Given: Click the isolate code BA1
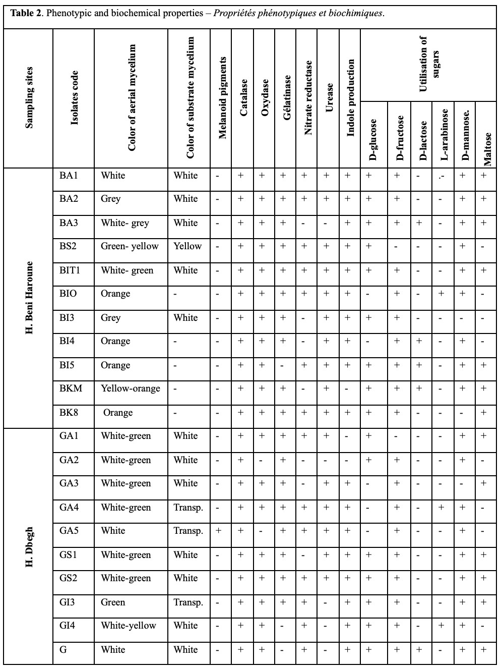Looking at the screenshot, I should coord(69,176).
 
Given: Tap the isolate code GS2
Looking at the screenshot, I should coord(69,578).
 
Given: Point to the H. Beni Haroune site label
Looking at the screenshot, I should coord(29,297).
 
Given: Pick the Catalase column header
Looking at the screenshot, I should coord(243,98).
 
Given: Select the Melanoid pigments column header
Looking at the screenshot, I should coord(222,98).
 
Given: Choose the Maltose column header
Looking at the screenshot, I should coord(487,148).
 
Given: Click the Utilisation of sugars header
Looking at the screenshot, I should coord(429,64).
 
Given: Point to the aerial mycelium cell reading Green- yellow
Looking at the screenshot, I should coord(130,246).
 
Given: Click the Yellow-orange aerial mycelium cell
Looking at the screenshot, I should coord(131,388).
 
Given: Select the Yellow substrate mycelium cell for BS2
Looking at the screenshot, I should coord(187,246).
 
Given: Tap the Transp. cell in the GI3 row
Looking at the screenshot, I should coord(188,602).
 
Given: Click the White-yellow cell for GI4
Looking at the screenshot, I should coord(129,626).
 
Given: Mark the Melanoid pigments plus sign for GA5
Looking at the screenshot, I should coord(219,531).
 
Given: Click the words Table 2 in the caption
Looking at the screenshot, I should coord(25,13).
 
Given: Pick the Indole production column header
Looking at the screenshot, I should coord(351,98).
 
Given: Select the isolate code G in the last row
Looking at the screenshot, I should coord(63,650).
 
